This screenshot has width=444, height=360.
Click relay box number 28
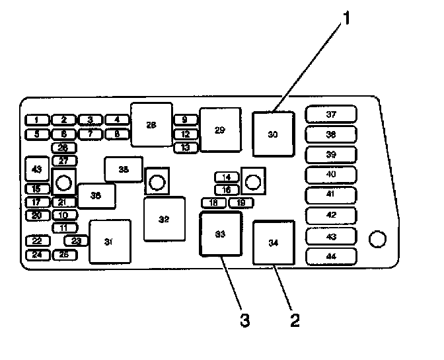(151, 124)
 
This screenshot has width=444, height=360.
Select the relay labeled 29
(220, 130)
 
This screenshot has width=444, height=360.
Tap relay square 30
(273, 134)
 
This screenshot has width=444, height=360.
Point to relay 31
(110, 242)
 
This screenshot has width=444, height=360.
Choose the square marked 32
(164, 219)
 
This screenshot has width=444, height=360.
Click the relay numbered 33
(221, 234)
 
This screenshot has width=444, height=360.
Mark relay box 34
(274, 243)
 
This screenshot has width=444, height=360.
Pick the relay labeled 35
(124, 169)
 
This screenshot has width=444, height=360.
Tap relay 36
(96, 195)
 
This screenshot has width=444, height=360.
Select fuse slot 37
(331, 114)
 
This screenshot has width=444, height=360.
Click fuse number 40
(331, 175)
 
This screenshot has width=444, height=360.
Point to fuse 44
(331, 256)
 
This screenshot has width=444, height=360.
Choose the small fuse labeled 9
(186, 120)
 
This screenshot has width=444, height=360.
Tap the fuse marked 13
(186, 148)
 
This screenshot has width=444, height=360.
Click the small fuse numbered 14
(227, 177)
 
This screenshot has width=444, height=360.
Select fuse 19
(241, 202)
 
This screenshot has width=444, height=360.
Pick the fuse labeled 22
(37, 241)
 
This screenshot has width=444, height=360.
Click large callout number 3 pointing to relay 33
(244, 322)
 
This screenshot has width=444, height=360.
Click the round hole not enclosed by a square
(377, 240)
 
